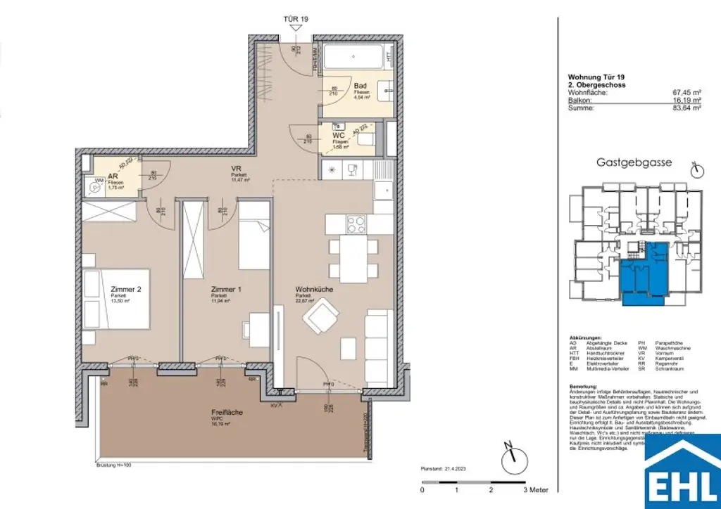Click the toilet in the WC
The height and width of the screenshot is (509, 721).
tap(367, 140)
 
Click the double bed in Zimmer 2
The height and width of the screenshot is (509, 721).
tap(116, 298)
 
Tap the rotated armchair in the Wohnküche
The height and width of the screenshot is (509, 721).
tap(320, 317)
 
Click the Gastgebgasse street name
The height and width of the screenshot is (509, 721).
tap(634, 162)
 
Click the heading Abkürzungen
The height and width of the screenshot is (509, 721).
tap(585, 337)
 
